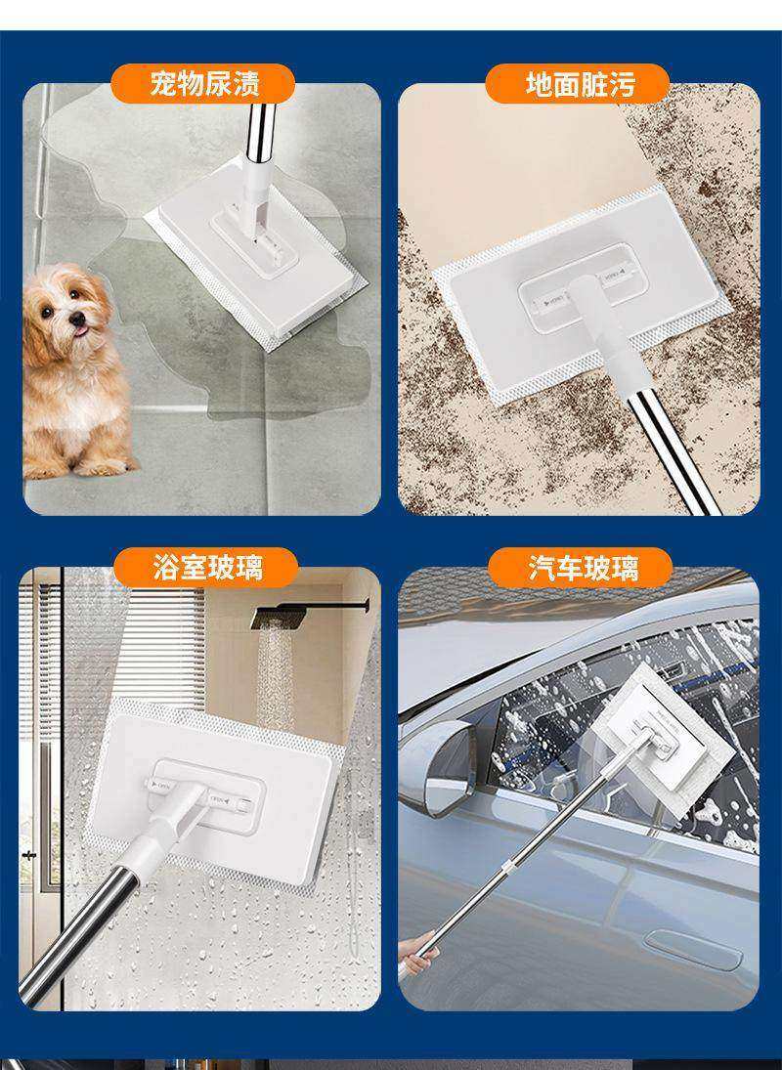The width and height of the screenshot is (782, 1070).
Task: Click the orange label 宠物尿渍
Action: tap(202, 84)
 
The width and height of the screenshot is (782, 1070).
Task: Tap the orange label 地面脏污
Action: tap(578, 84)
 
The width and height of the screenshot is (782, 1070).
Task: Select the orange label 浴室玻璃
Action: tap(206, 567)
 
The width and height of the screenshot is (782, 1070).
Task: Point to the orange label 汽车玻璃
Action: tap(581, 567)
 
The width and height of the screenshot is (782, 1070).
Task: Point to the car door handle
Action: tap(694, 949)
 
